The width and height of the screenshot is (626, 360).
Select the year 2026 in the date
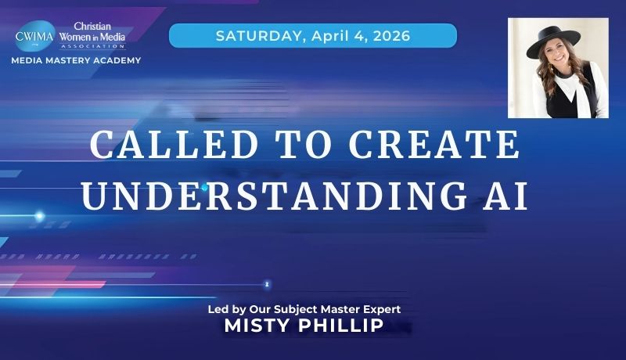pyautogui.click(x=389, y=35)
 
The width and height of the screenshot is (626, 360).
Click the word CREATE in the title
pyautogui.click(x=438, y=146)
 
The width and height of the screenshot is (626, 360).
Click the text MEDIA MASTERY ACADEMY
pyautogui.click(x=76, y=60)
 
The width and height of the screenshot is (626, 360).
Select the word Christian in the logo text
pyautogui.click(x=94, y=26)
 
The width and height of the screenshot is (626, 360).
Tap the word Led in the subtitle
pyautogui.click(x=217, y=309)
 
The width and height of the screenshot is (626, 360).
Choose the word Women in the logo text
pyautogui.click(x=77, y=36)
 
